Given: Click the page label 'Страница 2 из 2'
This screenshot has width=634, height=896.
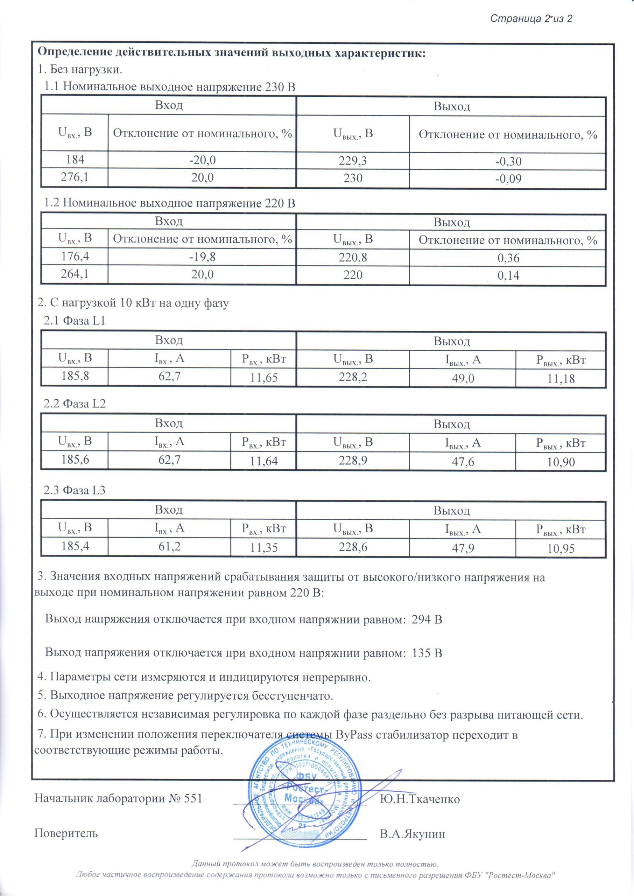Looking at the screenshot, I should click(530, 18).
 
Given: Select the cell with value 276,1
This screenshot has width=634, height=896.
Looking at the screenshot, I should click(74, 177).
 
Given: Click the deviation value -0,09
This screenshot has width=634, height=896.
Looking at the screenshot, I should click(508, 179).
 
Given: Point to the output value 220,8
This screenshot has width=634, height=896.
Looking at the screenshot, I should click(353, 257).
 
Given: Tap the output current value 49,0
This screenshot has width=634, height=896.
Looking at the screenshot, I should click(463, 378).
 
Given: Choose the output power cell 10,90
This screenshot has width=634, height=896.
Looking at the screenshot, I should click(561, 462).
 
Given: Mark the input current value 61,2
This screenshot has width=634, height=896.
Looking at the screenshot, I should click(169, 546).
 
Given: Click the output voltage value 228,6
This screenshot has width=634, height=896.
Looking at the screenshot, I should click(353, 547).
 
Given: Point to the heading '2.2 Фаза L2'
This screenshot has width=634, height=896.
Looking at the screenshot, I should click(75, 404).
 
